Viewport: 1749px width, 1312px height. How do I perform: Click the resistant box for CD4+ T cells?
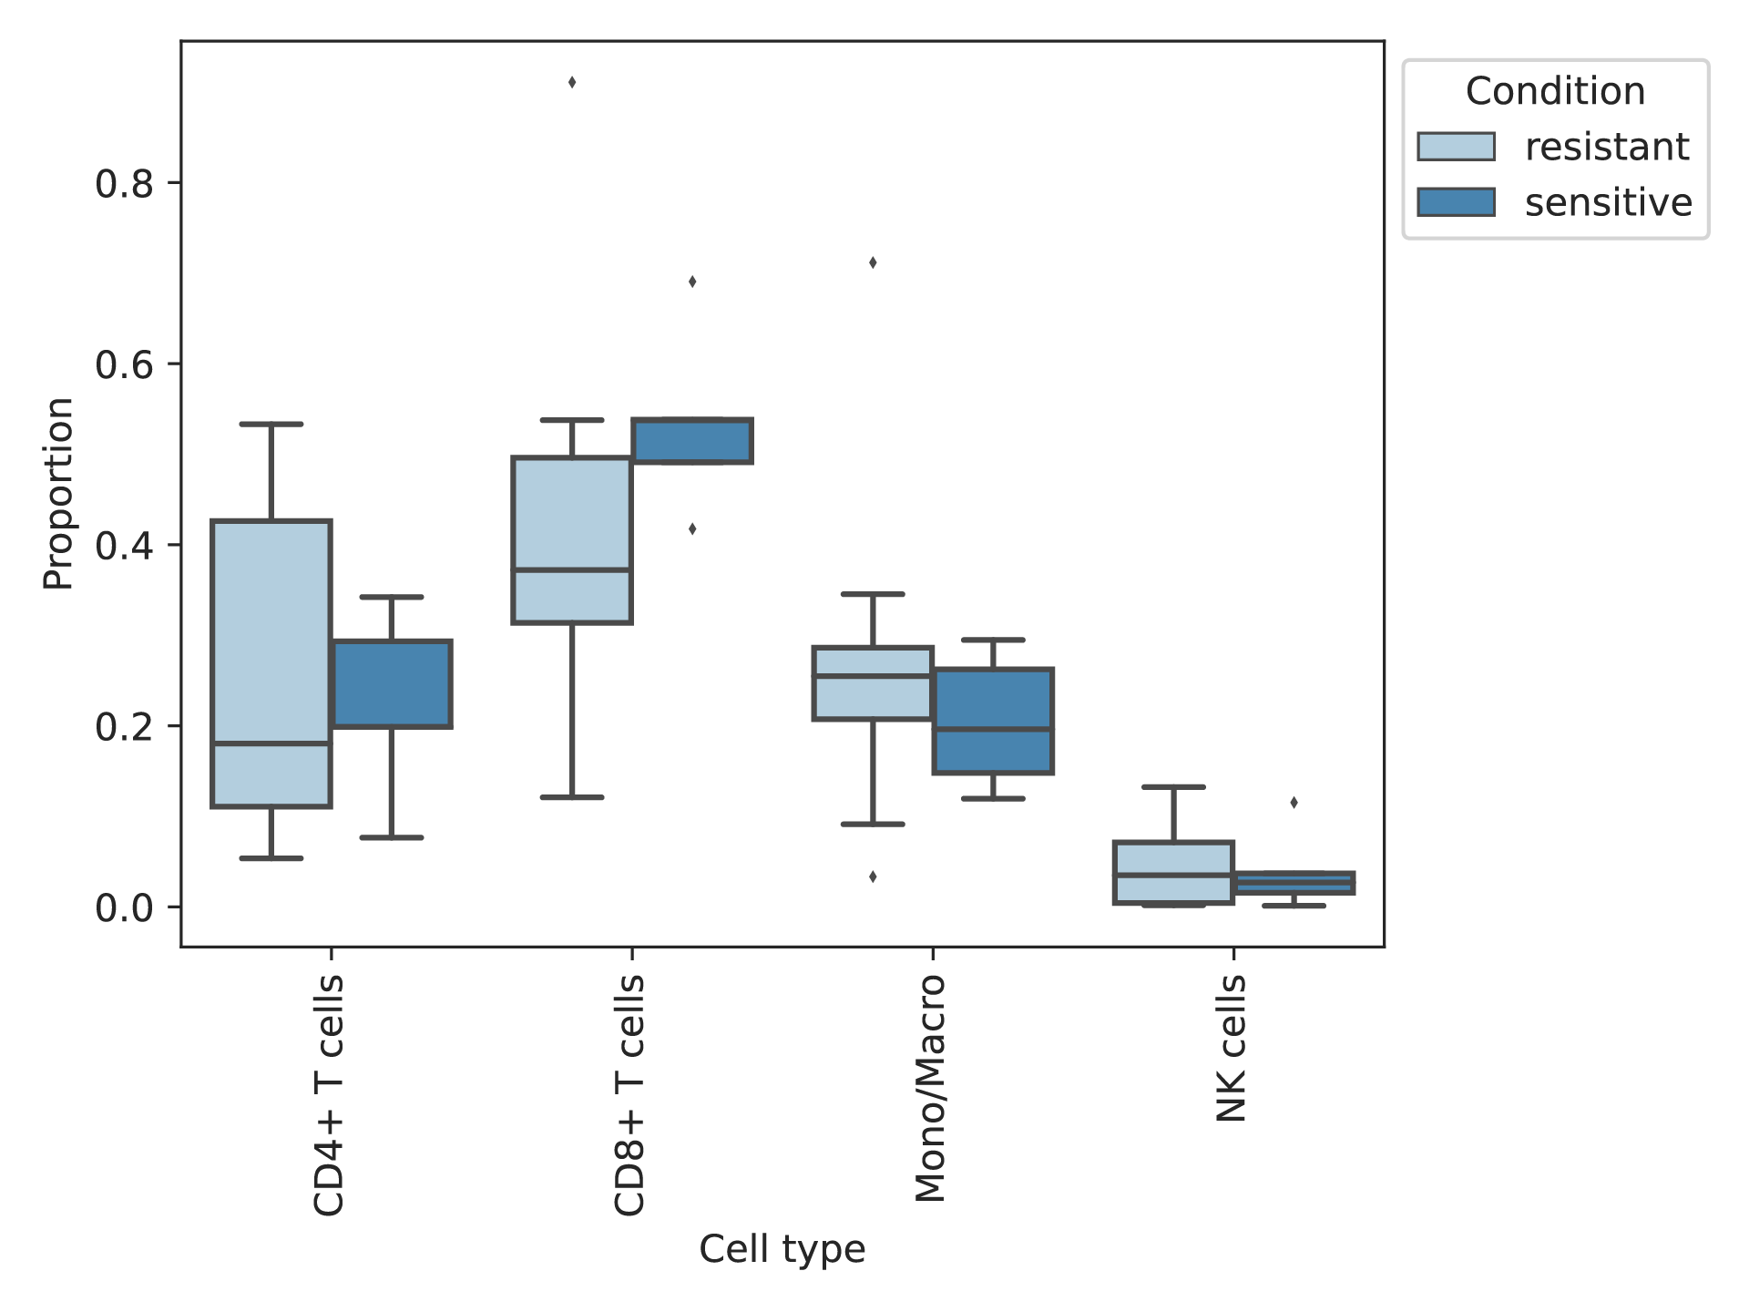tap(271, 663)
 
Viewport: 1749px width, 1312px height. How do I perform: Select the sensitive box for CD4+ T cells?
tap(392, 683)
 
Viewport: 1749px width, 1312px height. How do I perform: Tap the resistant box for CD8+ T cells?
tap(572, 539)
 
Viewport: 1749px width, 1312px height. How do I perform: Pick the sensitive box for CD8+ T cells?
tap(692, 441)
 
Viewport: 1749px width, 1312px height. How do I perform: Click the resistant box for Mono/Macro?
tap(873, 683)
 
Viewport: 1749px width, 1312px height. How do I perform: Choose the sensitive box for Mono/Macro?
tap(993, 721)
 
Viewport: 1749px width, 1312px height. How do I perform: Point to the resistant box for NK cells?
tap(1173, 872)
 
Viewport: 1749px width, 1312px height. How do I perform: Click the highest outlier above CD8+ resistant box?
tap(572, 83)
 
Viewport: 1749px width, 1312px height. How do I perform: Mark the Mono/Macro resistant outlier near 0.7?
tap(873, 263)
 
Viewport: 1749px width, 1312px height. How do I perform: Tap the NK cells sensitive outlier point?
tap(1294, 803)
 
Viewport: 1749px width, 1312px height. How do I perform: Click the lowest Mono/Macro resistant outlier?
tap(873, 877)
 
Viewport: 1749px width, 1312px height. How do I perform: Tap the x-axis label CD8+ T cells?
tap(629, 1095)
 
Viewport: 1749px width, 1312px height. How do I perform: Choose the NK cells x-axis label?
tap(1231, 1048)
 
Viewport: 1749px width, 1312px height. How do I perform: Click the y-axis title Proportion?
tap(58, 493)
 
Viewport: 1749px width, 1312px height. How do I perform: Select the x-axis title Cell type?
tap(782, 1249)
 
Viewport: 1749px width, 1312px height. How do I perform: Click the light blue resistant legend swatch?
tap(1456, 147)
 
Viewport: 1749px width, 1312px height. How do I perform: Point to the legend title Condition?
tap(1556, 91)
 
